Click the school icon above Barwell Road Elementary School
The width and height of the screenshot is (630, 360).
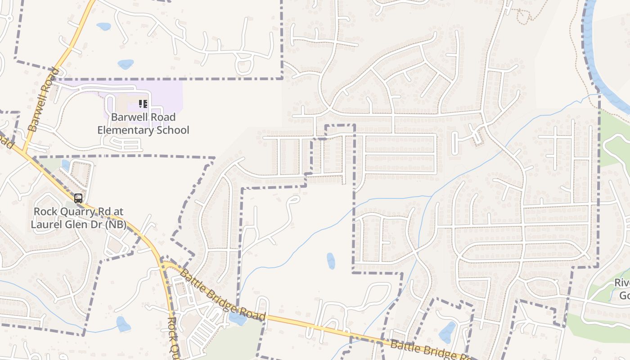point(143,104)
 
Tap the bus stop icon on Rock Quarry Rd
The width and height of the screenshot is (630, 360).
point(78,198)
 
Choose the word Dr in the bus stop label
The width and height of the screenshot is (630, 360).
point(93,225)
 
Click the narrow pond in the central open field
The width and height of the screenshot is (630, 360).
point(331,261)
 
